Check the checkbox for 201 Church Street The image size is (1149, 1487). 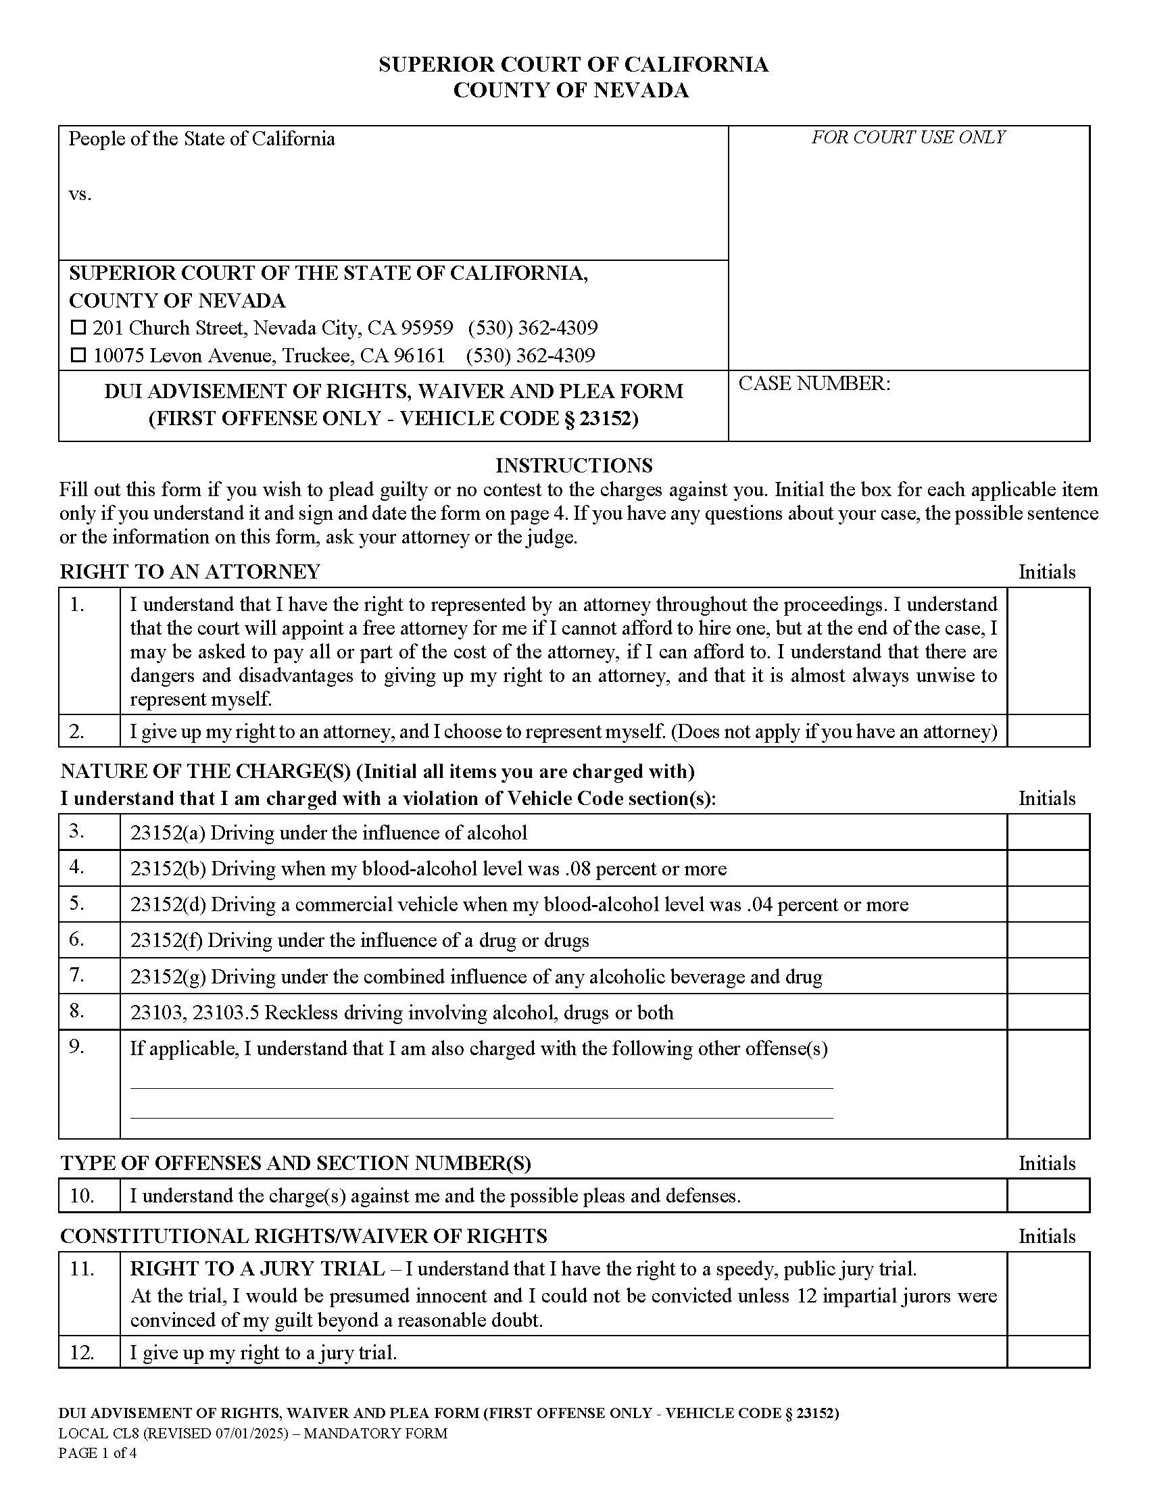[x=79, y=328]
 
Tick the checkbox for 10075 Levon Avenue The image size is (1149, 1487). [x=79, y=355]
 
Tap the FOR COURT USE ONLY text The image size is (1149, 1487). [x=908, y=137]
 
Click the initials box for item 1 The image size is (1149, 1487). [x=1048, y=650]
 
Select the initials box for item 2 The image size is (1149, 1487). [x=1048, y=731]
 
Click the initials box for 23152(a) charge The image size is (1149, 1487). [x=1048, y=832]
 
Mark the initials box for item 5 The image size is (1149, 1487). [x=1048, y=904]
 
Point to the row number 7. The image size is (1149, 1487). [x=77, y=974]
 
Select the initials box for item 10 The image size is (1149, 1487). [x=1048, y=1195]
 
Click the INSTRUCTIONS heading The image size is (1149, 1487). [x=573, y=465]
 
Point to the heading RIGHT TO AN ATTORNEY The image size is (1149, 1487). [x=190, y=571]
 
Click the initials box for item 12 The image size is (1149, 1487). [x=1048, y=1352]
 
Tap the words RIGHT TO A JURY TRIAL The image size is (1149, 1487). [x=257, y=1269]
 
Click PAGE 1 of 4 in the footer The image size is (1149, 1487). [x=97, y=1453]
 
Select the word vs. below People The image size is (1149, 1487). [x=80, y=195]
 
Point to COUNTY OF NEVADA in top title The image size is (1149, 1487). [x=570, y=90]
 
